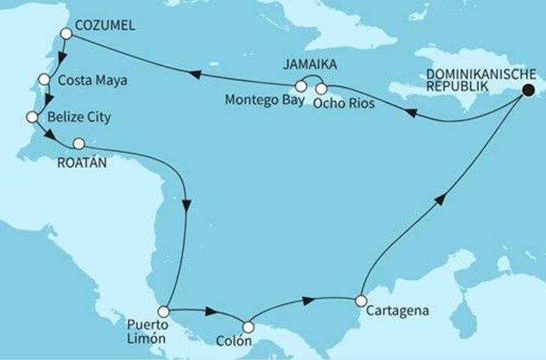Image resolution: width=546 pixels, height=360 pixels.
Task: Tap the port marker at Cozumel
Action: click(x=66, y=33)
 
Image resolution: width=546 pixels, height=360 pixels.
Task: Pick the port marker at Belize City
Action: click(x=32, y=116)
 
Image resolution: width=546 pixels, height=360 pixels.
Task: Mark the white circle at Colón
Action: click(x=248, y=327)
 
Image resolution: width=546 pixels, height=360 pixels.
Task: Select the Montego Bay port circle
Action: click(x=301, y=85)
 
